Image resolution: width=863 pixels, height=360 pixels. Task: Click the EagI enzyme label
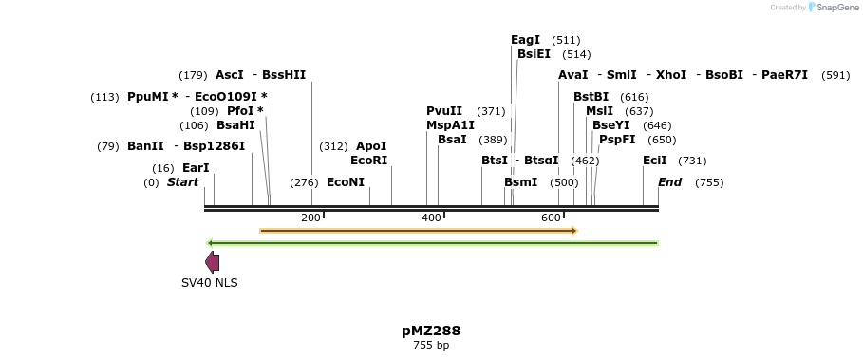pyautogui.click(x=525, y=40)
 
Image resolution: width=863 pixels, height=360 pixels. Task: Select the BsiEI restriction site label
pyautogui.click(x=534, y=54)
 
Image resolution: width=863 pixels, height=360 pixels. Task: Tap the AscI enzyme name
pyautogui.click(x=230, y=75)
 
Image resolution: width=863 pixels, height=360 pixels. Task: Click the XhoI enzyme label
pyautogui.click(x=671, y=75)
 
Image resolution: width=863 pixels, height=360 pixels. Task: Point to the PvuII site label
pyautogui.click(x=444, y=111)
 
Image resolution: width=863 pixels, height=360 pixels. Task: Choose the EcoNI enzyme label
pyautogui.click(x=346, y=182)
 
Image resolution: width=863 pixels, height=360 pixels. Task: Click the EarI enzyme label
pyautogui.click(x=196, y=168)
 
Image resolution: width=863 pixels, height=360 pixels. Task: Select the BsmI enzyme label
pyautogui.click(x=520, y=182)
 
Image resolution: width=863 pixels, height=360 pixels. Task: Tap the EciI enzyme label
pyautogui.click(x=655, y=161)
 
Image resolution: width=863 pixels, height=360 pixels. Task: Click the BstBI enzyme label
pyautogui.click(x=591, y=97)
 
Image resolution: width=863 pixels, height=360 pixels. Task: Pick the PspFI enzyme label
pyautogui.click(x=617, y=140)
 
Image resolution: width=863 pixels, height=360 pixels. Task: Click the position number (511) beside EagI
pyautogui.click(x=566, y=40)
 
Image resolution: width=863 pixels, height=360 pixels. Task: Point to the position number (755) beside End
pyautogui.click(x=709, y=182)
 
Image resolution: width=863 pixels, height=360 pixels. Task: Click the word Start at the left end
pyautogui.click(x=183, y=182)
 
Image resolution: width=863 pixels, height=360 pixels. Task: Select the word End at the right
pyautogui.click(x=669, y=182)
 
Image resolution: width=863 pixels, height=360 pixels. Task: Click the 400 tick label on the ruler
pyautogui.click(x=431, y=218)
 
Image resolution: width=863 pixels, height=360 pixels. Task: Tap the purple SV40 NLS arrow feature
pyautogui.click(x=213, y=262)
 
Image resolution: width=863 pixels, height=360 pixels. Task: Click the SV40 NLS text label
pyautogui.click(x=210, y=283)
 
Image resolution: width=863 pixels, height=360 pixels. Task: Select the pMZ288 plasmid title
pyautogui.click(x=431, y=331)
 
